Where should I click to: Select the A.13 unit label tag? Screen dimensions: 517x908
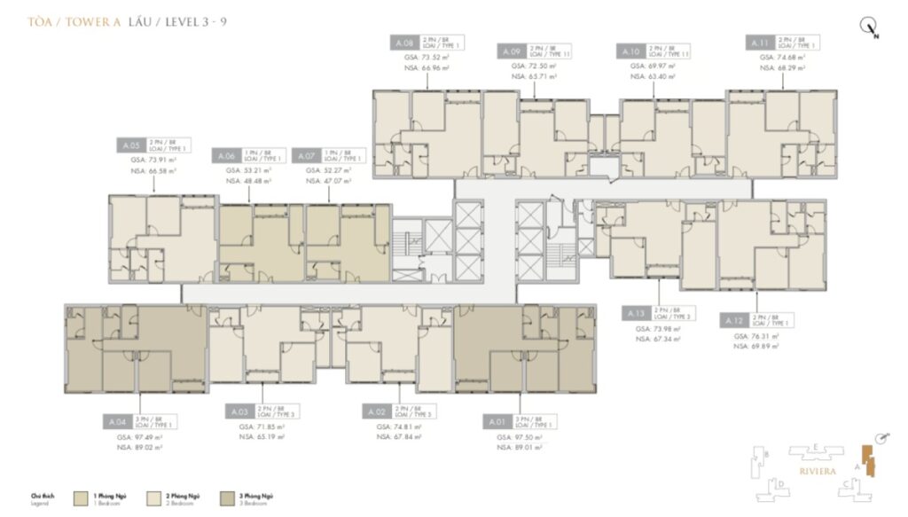coord(636,314)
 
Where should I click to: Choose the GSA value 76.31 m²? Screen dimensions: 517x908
coord(756,336)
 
